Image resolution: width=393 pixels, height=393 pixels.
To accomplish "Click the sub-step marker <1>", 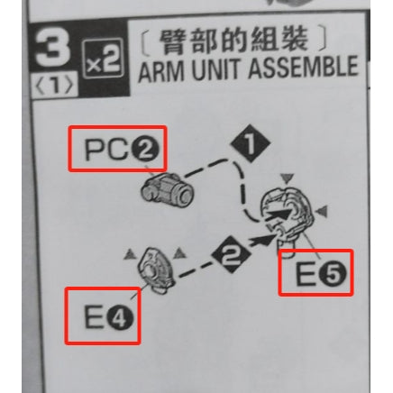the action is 54,86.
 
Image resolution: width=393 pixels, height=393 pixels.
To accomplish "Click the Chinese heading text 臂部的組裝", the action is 233,41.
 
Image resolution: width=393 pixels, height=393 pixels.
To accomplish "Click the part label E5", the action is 321,274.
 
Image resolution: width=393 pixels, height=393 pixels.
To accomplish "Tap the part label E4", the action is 108,316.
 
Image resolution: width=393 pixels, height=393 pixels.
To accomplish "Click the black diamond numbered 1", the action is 250,144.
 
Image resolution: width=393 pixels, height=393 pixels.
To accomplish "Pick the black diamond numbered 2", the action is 231,254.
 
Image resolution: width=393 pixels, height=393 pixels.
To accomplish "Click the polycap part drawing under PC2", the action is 167,189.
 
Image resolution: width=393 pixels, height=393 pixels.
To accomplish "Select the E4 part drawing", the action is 156,270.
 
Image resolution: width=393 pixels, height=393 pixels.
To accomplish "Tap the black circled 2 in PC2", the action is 146,150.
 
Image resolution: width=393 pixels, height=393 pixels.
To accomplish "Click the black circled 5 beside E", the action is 334,274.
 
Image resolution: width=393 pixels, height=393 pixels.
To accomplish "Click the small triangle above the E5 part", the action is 288,178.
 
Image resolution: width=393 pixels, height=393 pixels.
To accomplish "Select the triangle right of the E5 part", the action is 323,211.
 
